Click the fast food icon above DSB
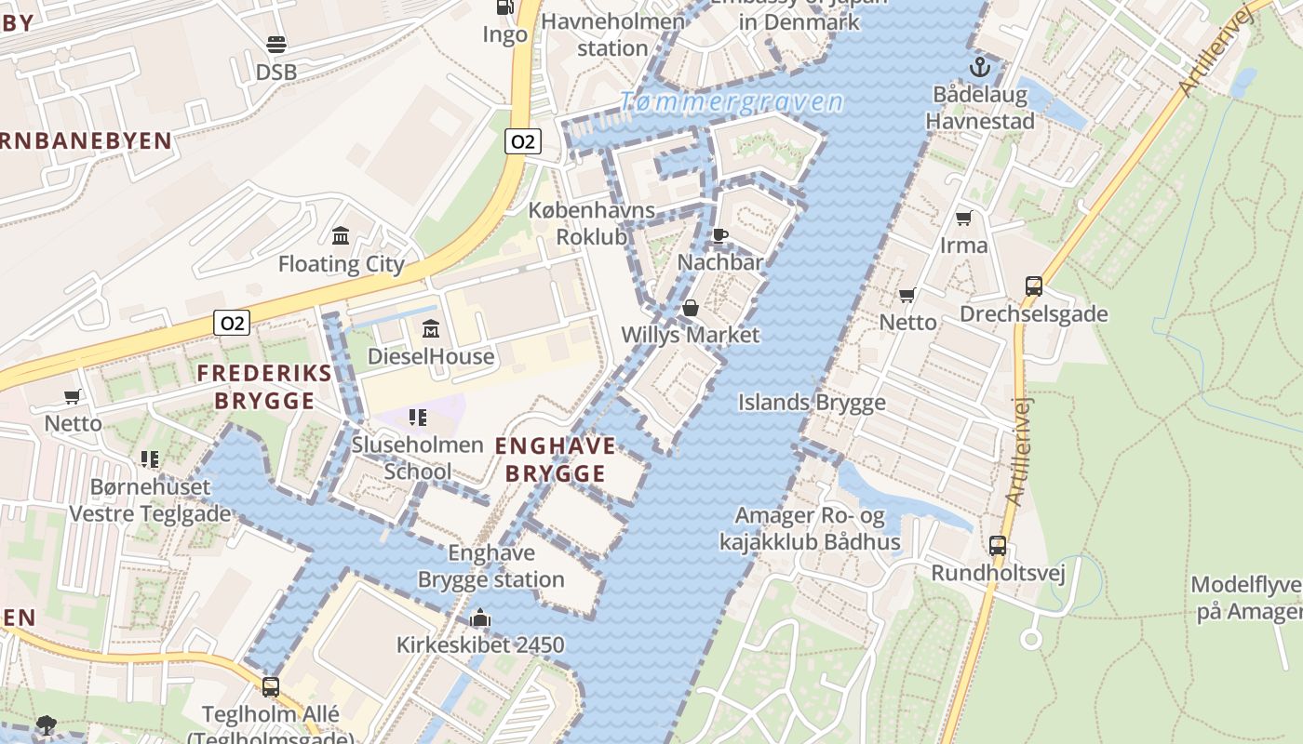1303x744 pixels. pyautogui.click(x=275, y=44)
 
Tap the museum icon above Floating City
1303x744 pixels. pyautogui.click(x=341, y=235)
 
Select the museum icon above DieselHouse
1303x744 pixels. pyautogui.click(x=431, y=328)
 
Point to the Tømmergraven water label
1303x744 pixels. pyautogui.click(x=732, y=102)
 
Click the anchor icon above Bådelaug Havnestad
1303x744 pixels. pyautogui.click(x=979, y=67)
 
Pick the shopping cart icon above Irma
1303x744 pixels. pyautogui.click(x=964, y=218)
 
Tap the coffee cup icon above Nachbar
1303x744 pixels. pyautogui.click(x=719, y=235)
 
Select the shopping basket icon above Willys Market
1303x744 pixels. pyautogui.click(x=691, y=307)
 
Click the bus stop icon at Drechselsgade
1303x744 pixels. pyautogui.click(x=1033, y=286)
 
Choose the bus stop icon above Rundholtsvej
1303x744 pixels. pyautogui.click(x=998, y=546)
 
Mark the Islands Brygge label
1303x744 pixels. pyautogui.click(x=812, y=403)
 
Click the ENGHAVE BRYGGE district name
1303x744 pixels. pyautogui.click(x=555, y=459)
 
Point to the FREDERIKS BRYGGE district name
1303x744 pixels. pyautogui.click(x=264, y=387)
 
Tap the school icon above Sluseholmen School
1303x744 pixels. pyautogui.click(x=418, y=418)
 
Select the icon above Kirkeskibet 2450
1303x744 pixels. pyautogui.click(x=480, y=618)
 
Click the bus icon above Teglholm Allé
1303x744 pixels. pyautogui.click(x=271, y=687)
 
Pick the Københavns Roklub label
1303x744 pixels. pyautogui.click(x=592, y=223)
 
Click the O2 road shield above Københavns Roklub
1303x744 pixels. pyautogui.click(x=523, y=141)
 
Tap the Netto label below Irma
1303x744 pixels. pyautogui.click(x=907, y=322)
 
